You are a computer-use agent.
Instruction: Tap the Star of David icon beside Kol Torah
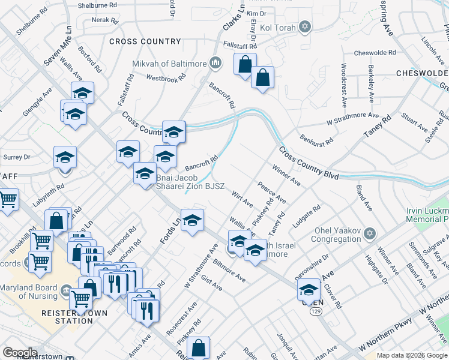point(306,26)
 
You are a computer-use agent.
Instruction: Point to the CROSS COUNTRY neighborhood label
point(145,41)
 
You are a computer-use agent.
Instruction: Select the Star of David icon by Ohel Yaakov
point(370,232)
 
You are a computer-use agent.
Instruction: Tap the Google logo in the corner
point(20,353)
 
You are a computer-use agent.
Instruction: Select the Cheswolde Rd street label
point(375,53)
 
